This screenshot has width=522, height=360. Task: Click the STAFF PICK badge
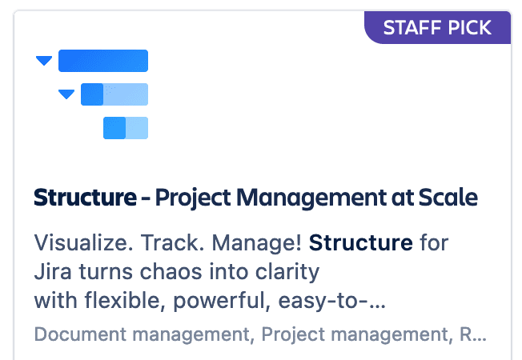[437, 27]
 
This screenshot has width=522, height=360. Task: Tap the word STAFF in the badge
[412, 28]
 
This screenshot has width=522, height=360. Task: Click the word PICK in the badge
[470, 28]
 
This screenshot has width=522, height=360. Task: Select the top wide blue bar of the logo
[103, 61]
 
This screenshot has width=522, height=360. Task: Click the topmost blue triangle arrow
[44, 61]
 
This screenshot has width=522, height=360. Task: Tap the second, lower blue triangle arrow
[66, 94]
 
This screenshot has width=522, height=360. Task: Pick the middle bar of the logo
[114, 94]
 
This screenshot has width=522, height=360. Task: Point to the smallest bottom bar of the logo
[126, 128]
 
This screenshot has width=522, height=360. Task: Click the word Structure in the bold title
[85, 198]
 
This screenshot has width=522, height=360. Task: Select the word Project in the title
[193, 198]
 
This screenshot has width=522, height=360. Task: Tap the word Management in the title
[311, 198]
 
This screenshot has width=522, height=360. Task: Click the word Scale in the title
[448, 198]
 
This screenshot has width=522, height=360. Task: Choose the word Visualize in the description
[81, 242]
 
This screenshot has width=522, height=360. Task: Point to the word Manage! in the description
[257, 243]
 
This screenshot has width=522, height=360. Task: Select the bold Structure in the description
[361, 242]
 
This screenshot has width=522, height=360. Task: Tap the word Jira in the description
[53, 272]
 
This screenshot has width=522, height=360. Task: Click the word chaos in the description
[171, 272]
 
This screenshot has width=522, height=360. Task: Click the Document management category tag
[144, 334]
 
